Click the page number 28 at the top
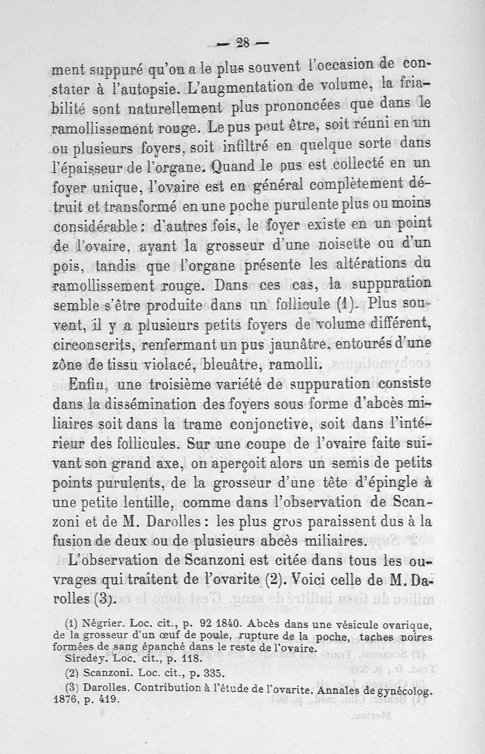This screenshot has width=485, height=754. tap(244, 42)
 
